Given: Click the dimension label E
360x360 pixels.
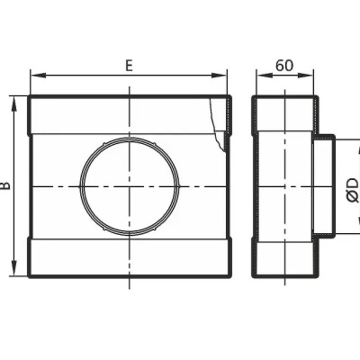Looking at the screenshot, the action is (x=129, y=66).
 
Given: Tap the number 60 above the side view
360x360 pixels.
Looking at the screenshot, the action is (x=284, y=66).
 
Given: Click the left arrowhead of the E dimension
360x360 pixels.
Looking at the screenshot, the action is (x=38, y=76).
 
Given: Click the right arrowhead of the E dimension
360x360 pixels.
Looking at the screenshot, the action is (x=219, y=76).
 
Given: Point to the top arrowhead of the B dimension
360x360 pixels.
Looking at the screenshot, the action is (x=13, y=103).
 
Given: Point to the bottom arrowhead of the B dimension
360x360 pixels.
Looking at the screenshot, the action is (x=13, y=268).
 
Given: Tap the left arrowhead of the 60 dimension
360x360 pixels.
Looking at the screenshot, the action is (x=264, y=76).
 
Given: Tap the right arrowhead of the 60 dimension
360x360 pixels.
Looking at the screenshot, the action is (x=305, y=76).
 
